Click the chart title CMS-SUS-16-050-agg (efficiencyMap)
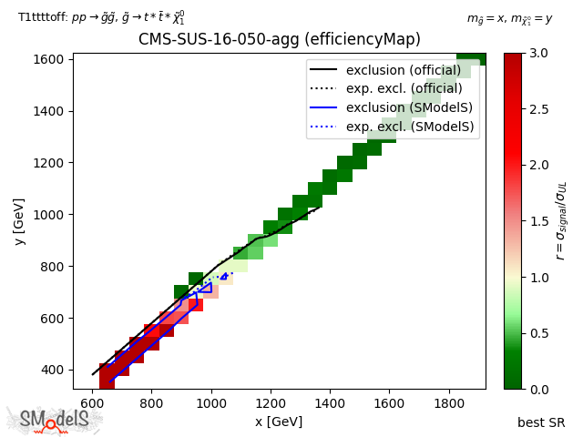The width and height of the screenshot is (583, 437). [279, 39]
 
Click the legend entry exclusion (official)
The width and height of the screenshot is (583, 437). [403, 70]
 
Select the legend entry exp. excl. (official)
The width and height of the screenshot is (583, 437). [403, 88]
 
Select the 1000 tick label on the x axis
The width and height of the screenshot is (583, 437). [211, 402]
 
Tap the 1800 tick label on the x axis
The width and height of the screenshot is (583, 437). [449, 402]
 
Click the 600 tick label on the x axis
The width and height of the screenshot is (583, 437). [93, 402]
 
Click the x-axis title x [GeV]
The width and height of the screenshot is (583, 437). [279, 422]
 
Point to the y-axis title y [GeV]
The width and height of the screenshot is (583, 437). [18, 221]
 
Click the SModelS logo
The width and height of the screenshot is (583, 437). [55, 420]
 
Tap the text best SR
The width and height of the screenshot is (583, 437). [541, 422]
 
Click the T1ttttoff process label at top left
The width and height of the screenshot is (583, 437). [102, 17]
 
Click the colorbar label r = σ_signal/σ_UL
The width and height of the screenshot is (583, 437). [560, 221]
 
